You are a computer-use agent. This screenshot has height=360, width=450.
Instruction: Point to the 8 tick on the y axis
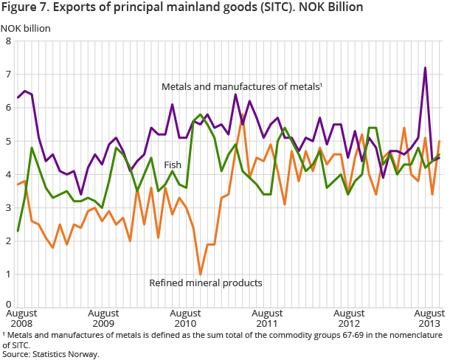tap(7, 41)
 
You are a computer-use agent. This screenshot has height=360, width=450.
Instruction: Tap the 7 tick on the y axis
tap(7, 75)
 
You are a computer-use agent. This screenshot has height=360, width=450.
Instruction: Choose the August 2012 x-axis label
tap(355, 318)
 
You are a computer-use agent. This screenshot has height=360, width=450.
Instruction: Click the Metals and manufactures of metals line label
tap(241, 87)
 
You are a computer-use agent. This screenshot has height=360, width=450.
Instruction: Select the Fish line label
tap(173, 165)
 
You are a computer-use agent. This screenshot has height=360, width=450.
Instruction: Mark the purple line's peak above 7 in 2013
tap(426, 68)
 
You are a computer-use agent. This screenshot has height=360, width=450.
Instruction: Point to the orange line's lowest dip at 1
tap(201, 274)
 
